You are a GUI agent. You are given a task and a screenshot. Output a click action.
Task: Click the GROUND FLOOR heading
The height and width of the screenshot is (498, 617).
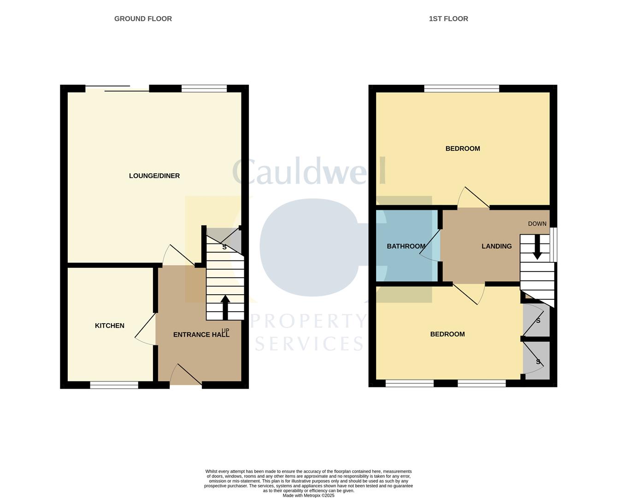(143, 19)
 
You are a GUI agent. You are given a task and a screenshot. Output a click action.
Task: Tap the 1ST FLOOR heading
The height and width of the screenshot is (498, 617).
(448, 19)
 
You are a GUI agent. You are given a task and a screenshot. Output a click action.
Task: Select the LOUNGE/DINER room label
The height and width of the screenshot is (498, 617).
(154, 176)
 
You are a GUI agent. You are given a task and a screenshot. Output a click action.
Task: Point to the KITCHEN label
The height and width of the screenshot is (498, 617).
(110, 326)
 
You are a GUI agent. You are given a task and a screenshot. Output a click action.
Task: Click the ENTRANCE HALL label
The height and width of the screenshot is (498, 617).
(201, 335)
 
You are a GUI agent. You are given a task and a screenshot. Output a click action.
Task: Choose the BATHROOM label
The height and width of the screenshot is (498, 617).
(406, 246)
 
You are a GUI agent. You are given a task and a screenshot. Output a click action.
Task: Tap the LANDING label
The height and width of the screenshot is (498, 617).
(496, 246)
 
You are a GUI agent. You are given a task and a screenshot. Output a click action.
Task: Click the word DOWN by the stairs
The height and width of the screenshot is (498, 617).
(537, 224)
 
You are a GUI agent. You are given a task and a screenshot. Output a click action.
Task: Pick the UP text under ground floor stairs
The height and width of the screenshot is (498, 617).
(225, 331)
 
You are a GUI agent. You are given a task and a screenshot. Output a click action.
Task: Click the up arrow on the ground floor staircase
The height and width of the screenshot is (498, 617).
(225, 307)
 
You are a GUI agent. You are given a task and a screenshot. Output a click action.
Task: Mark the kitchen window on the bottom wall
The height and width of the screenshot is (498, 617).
(114, 385)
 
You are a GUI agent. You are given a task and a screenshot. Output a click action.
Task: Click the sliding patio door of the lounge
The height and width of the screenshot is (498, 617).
(118, 89)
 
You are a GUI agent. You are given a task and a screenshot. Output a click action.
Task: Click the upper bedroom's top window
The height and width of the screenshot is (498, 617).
(461, 89)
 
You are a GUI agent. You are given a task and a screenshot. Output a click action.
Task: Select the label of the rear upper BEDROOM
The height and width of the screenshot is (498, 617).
(463, 148)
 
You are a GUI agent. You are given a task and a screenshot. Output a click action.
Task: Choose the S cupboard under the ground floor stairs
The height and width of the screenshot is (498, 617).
(225, 247)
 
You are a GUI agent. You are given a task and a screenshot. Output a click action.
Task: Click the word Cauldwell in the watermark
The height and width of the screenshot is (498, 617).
(309, 172)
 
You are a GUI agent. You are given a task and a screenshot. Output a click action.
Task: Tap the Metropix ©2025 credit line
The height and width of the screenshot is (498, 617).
(308, 496)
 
